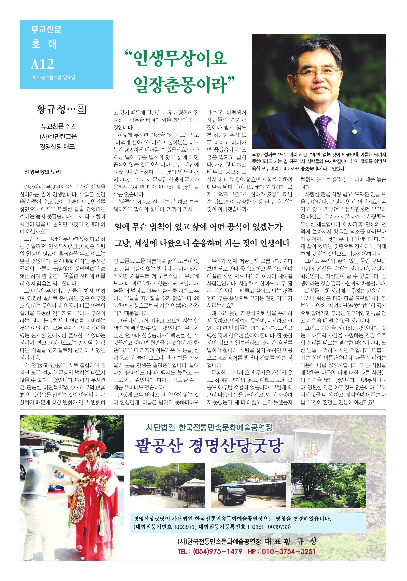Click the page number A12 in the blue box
[x=43, y=64]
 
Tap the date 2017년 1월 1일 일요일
[x=53, y=78]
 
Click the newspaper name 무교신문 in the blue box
[x=46, y=30]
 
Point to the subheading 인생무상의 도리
[x=43, y=172]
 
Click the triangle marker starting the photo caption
[x=254, y=155]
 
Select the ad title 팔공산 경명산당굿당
[x=209, y=446]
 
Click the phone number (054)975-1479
[x=217, y=551]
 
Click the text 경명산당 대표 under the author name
[x=57, y=147]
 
